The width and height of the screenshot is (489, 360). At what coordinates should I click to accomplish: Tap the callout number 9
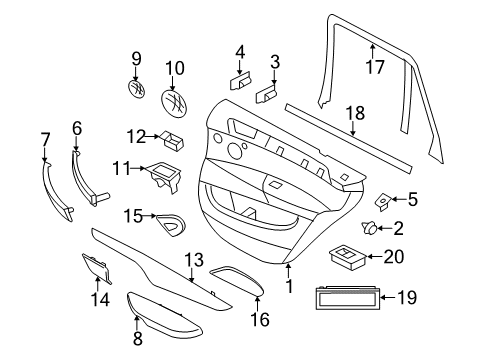pyautogui.click(x=137, y=58)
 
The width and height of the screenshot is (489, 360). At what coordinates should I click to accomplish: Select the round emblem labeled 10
pyautogui.click(x=176, y=103)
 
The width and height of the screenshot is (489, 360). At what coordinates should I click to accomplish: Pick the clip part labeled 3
pyautogui.click(x=269, y=93)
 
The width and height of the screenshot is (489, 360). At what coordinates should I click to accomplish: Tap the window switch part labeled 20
pyautogui.click(x=351, y=256)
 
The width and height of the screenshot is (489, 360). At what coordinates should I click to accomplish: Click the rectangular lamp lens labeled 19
pyautogui.click(x=349, y=297)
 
